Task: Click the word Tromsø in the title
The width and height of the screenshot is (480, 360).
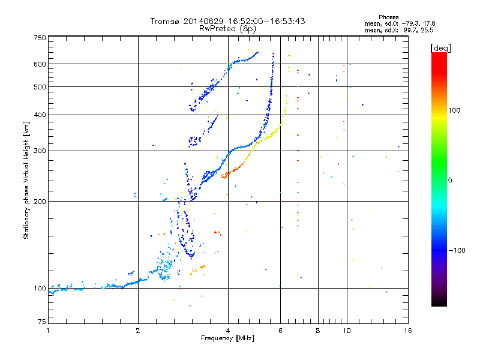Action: (x=164, y=21)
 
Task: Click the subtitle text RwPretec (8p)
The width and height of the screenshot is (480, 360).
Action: (x=228, y=29)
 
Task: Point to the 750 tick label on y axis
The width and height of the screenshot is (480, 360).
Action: (x=40, y=38)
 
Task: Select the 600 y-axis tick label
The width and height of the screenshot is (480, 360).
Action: (x=40, y=64)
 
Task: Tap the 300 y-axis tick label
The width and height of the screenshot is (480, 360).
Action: (x=40, y=151)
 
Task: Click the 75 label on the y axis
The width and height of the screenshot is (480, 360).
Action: (x=42, y=322)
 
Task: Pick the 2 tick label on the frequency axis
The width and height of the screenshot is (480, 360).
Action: (x=138, y=331)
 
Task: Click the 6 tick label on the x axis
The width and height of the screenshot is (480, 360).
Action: (x=280, y=331)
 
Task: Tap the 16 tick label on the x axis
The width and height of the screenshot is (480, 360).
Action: (x=408, y=331)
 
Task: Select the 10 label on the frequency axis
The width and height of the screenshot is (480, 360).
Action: (x=347, y=331)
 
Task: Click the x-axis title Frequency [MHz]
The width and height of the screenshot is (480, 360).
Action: (x=227, y=338)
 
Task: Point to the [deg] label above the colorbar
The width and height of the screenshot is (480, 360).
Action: (x=440, y=48)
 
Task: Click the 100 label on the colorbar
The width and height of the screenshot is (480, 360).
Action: (x=454, y=110)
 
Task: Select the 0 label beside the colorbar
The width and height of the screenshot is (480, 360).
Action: (x=450, y=181)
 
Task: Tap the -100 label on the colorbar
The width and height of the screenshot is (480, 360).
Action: (x=457, y=250)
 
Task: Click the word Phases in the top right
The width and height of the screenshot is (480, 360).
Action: (x=388, y=17)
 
